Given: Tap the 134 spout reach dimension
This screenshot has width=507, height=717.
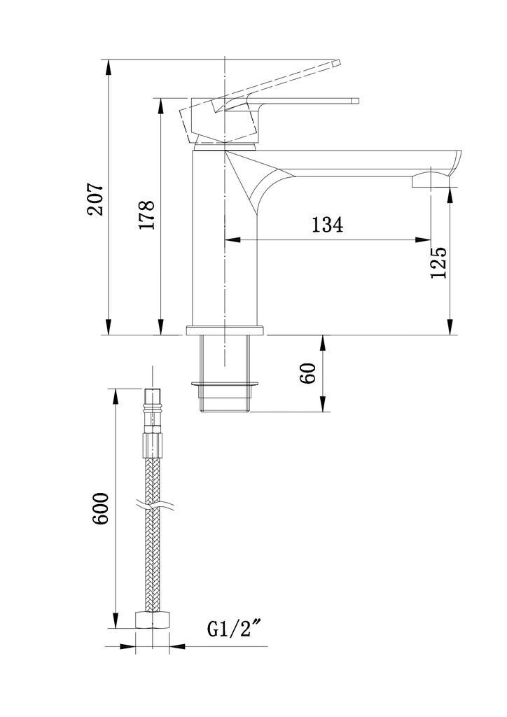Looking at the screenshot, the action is pyautogui.click(x=327, y=225).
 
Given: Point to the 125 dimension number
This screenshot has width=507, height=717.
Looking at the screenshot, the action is pyautogui.click(x=438, y=263).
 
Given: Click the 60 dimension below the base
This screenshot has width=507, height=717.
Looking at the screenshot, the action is pyautogui.click(x=307, y=373).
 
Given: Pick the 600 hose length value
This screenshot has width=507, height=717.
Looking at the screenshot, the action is pyautogui.click(x=100, y=508).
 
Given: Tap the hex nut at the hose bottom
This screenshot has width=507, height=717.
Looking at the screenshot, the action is pyautogui.click(x=153, y=620).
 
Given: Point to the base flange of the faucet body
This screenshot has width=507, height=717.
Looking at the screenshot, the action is pyautogui.click(x=225, y=330).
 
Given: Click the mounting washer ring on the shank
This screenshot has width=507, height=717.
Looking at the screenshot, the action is pyautogui.click(x=225, y=383).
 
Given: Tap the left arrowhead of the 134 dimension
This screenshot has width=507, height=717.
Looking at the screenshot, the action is pyautogui.click(x=232, y=239).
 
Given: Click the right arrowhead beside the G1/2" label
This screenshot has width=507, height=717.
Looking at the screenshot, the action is pyautogui.click(x=178, y=646).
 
